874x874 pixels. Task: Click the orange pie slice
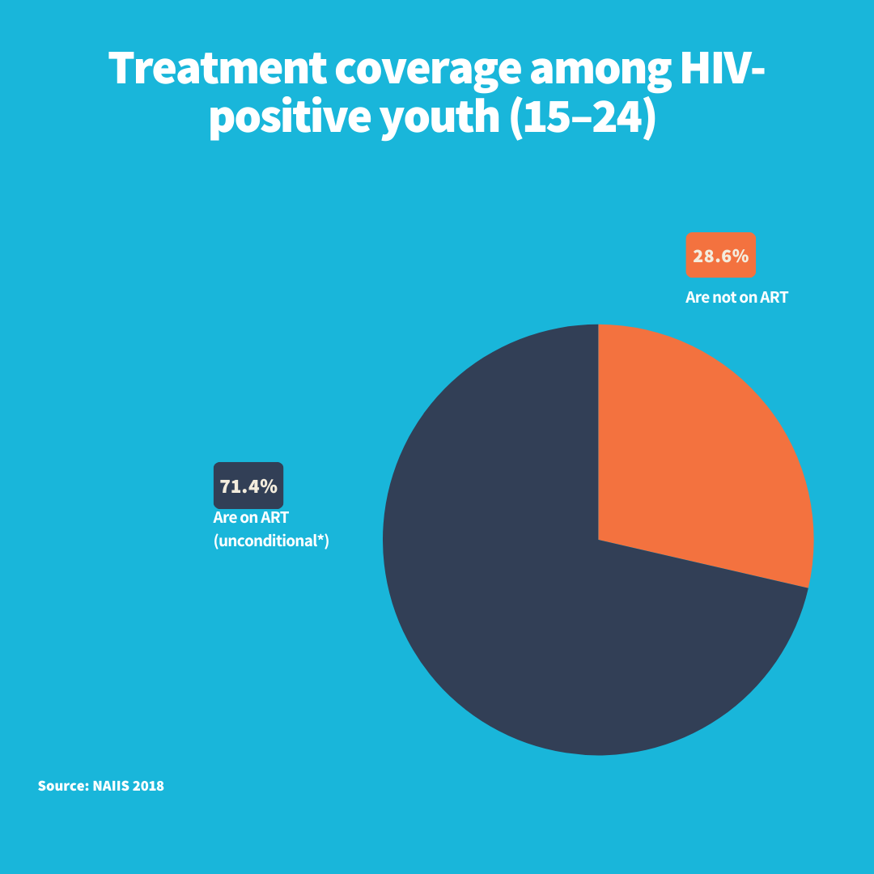696,453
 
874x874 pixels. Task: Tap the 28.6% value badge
720,256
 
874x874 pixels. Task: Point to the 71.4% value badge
248,486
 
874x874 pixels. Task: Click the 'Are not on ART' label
736,297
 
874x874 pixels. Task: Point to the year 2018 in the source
148,786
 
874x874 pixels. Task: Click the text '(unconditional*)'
271,541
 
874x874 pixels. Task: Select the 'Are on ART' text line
251,518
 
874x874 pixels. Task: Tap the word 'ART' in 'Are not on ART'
774,297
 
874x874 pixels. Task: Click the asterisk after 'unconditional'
320,538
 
